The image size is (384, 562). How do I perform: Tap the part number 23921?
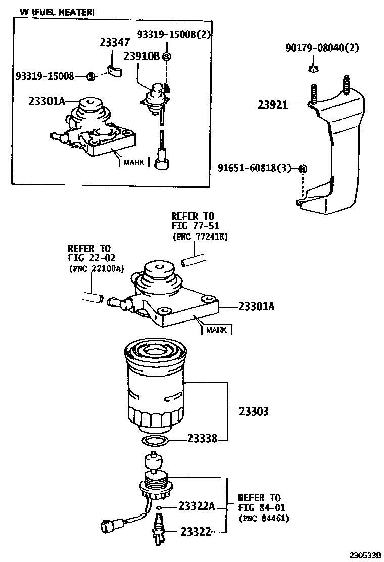pos(272,105)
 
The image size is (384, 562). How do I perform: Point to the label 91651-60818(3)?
pos(255,168)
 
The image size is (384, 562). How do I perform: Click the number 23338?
pos(202,439)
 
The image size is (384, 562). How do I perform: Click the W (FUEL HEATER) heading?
pos(57,12)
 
